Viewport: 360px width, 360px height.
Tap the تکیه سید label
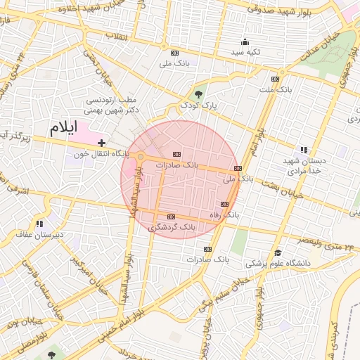click(x=247, y=52)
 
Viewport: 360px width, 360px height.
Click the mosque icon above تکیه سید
click(x=245, y=41)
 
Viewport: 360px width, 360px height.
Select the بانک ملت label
click(x=274, y=90)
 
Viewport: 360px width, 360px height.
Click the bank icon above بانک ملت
click(x=275, y=79)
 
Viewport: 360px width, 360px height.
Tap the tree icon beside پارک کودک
click(x=198, y=94)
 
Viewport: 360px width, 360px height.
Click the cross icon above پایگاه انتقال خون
click(x=103, y=143)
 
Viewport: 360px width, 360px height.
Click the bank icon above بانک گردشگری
click(x=171, y=217)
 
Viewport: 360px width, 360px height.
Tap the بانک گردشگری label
click(x=172, y=228)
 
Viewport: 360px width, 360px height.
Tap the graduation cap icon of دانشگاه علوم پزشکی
click(x=278, y=253)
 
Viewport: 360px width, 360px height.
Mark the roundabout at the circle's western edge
click(x=141, y=156)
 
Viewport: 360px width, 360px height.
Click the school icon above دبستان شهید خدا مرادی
click(x=304, y=150)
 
